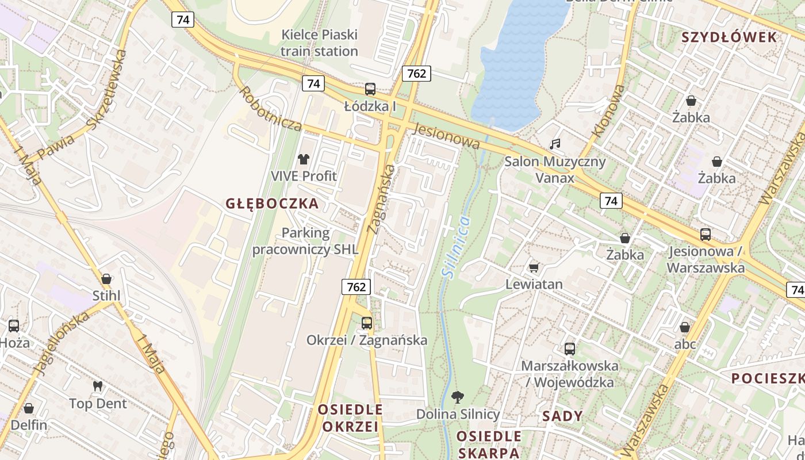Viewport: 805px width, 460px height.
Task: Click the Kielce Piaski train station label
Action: pyautogui.click(x=320, y=43)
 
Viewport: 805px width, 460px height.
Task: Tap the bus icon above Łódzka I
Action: pyautogui.click(x=370, y=89)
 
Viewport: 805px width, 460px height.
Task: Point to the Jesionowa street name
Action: pyautogui.click(x=446, y=136)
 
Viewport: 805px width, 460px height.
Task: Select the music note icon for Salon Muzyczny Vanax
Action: pyautogui.click(x=555, y=144)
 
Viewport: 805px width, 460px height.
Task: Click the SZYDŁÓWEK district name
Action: pyautogui.click(x=729, y=37)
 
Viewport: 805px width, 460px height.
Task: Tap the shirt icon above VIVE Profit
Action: pyautogui.click(x=304, y=159)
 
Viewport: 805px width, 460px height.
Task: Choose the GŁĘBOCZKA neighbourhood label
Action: pyautogui.click(x=272, y=204)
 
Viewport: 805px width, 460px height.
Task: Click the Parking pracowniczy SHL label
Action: pyautogui.click(x=305, y=241)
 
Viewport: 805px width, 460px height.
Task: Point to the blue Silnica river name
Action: pyautogui.click(x=457, y=247)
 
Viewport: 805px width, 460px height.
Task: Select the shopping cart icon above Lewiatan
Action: pyautogui.click(x=534, y=267)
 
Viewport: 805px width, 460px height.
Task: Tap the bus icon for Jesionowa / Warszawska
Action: pyautogui.click(x=706, y=235)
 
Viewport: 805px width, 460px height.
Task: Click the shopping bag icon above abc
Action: pyautogui.click(x=685, y=327)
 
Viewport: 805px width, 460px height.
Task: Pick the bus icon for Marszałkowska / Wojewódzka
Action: pyautogui.click(x=570, y=348)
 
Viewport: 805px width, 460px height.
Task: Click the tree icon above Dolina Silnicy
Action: pyautogui.click(x=458, y=397)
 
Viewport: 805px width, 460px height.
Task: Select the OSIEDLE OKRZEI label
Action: pyautogui.click(x=350, y=418)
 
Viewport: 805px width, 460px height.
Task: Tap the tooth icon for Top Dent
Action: pyautogui.click(x=98, y=386)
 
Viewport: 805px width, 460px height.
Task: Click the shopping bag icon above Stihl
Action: pyautogui.click(x=106, y=279)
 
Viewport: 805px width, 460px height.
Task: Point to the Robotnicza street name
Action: pyautogui.click(x=270, y=109)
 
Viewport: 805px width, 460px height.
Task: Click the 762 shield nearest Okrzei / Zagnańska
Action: pyautogui.click(x=356, y=286)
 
